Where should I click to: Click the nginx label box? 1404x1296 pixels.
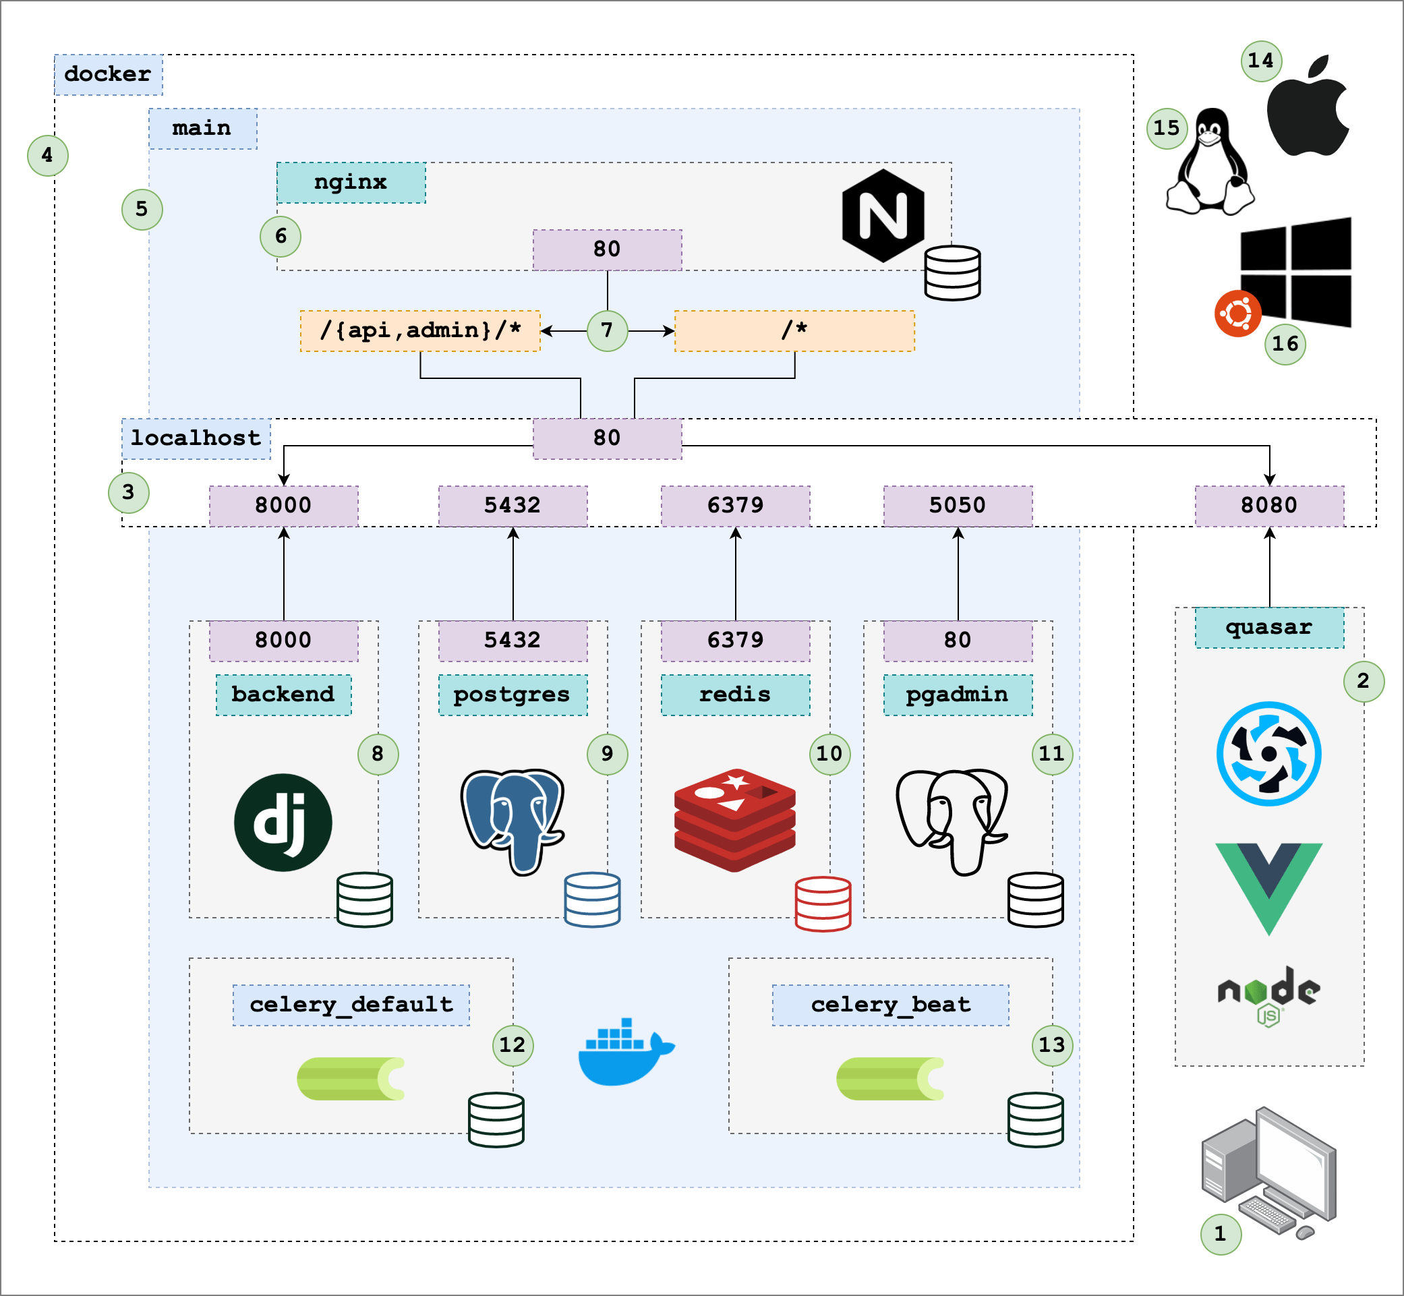[x=351, y=183]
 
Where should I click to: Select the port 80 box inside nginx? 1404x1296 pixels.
[x=607, y=249]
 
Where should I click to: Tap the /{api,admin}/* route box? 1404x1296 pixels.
[x=420, y=330]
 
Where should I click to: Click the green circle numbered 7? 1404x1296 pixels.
[x=607, y=330]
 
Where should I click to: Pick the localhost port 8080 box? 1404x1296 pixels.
[x=1268, y=506]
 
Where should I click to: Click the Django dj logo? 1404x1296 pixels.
[x=283, y=822]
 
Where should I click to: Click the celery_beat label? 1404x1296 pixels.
[x=890, y=1004]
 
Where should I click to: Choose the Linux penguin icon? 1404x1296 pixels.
[x=1210, y=163]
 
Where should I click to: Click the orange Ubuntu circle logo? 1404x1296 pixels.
[x=1238, y=314]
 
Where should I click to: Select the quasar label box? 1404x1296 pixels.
[x=1268, y=628]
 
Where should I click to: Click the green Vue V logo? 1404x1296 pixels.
[x=1268, y=883]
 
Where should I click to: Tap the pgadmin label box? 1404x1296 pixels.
[x=958, y=695]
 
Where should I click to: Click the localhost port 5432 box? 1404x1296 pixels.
[x=513, y=506]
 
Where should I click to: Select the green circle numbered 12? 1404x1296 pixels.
[x=512, y=1045]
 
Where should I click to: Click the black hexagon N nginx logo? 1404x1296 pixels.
[x=883, y=215]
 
